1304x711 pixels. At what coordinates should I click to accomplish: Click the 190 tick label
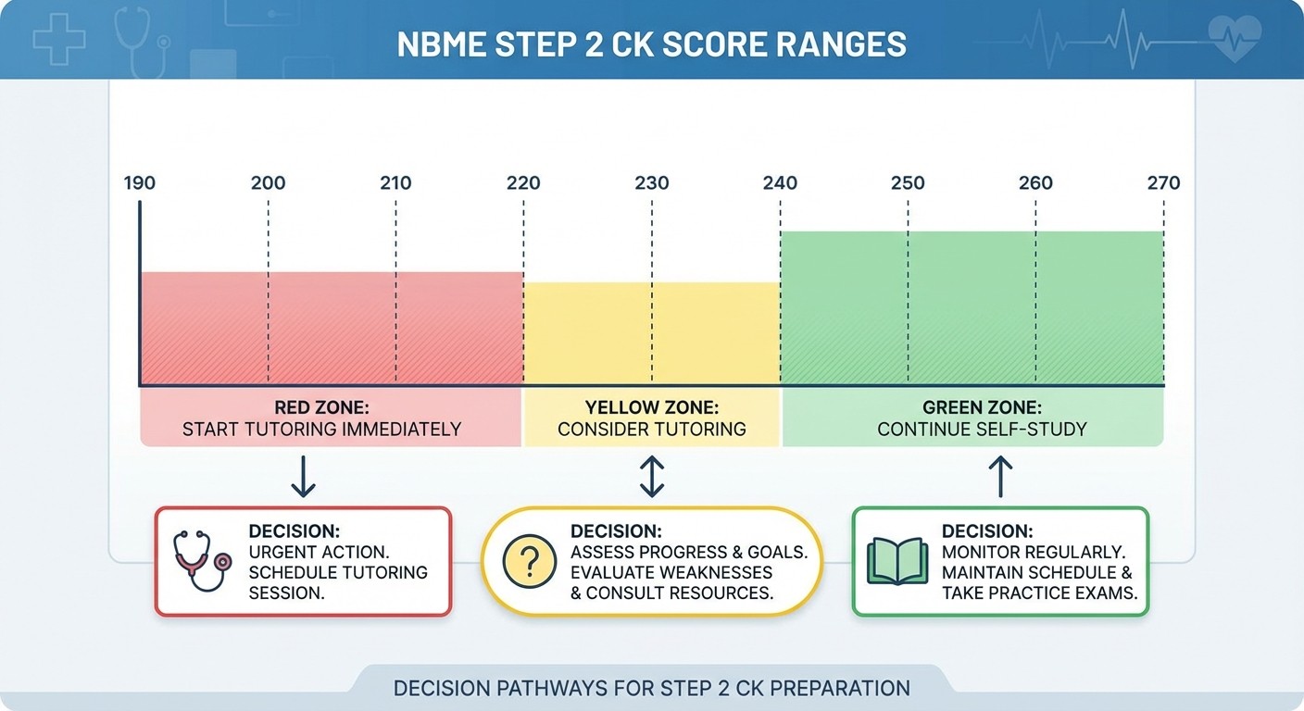[140, 182]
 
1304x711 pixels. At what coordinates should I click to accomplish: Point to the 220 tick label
[523, 182]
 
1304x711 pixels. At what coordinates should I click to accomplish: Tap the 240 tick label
[780, 182]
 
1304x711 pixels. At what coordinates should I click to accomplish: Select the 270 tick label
[1163, 182]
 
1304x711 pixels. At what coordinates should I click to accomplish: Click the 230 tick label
[652, 182]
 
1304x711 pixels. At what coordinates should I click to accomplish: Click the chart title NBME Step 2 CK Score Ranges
[651, 44]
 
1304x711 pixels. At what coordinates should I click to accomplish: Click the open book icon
[896, 561]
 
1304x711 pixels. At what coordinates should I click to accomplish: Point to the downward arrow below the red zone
[303, 477]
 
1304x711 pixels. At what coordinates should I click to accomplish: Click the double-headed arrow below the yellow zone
[652, 477]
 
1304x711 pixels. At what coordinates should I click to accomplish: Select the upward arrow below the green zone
[1000, 477]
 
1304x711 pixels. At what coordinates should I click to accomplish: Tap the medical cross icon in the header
[59, 39]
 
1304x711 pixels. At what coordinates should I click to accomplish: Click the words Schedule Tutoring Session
[338, 582]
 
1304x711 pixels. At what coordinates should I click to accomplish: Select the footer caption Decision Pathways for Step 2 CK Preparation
[651, 689]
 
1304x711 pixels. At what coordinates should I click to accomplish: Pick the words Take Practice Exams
[1039, 593]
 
